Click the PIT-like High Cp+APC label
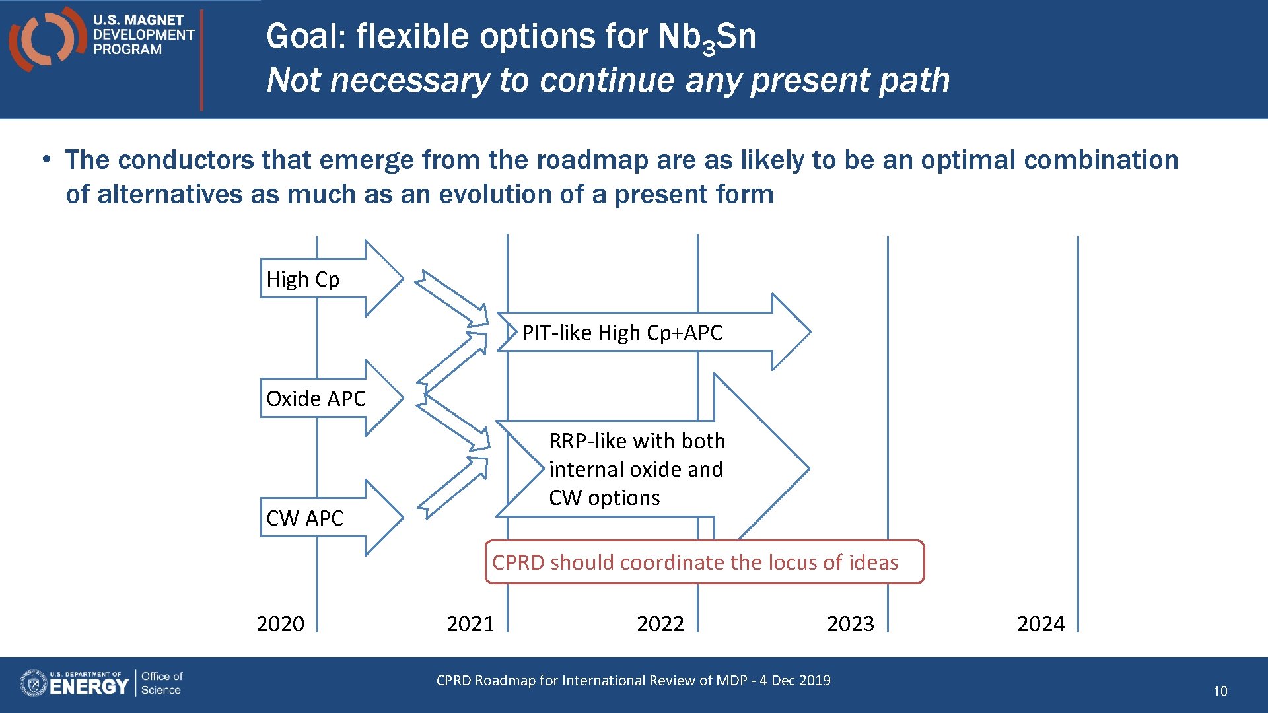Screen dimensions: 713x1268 (x=621, y=333)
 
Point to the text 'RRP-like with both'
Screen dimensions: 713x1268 (x=637, y=441)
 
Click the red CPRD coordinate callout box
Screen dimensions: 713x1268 (x=704, y=562)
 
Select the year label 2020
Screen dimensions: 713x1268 (x=280, y=624)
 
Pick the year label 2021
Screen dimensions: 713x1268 (x=470, y=624)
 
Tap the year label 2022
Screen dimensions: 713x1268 (x=660, y=624)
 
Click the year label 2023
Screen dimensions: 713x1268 (x=851, y=624)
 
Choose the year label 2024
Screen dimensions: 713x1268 (x=1041, y=624)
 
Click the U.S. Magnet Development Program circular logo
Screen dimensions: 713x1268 (x=45, y=38)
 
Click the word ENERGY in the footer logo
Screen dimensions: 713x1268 (x=88, y=687)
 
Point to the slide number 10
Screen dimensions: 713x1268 (x=1220, y=691)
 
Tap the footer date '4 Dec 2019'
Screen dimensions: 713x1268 (x=794, y=681)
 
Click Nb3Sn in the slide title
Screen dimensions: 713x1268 (x=707, y=37)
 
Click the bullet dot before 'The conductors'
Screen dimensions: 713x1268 (x=46, y=160)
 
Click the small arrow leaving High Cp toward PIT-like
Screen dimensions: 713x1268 (x=452, y=298)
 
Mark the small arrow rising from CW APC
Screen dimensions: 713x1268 (x=454, y=487)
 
